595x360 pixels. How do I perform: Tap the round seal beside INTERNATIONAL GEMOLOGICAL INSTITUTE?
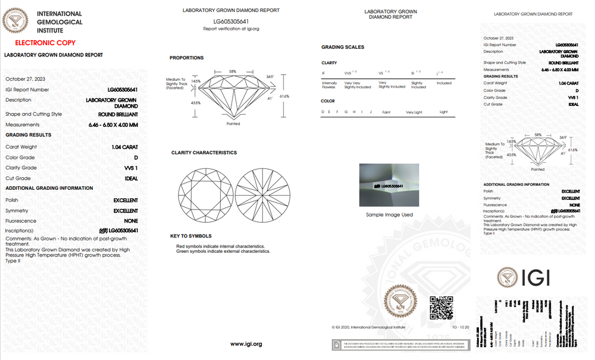coord(15,21)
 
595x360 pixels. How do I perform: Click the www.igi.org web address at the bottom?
coord(246,344)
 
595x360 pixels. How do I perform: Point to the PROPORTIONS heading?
coord(186,58)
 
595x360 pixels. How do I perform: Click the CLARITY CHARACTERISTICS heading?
coord(203,153)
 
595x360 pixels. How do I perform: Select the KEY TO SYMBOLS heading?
coord(190,236)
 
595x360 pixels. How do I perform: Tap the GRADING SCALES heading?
coord(343,47)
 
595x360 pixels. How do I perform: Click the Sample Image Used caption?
coord(389,215)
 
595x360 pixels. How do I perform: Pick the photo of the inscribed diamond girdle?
coord(389,185)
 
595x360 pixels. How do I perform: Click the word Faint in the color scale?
coord(386,112)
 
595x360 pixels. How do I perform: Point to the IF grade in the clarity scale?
coord(324,73)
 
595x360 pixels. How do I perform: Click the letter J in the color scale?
coord(371,112)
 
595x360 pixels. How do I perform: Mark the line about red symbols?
coord(220,246)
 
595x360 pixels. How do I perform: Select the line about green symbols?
coord(223,251)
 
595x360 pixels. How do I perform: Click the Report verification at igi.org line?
coord(231,29)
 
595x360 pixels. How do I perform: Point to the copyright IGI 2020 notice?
coord(368,327)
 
